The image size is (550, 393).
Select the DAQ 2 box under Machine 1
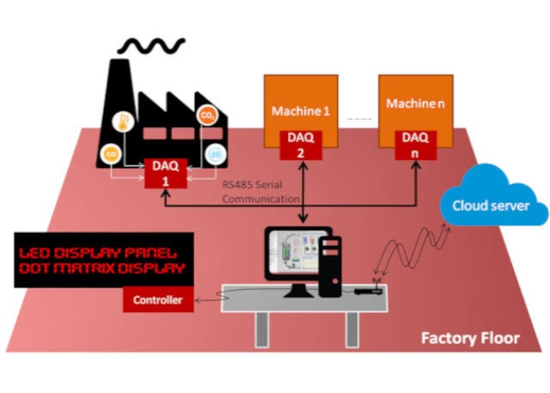[x=301, y=144]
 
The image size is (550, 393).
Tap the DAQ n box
[x=415, y=144]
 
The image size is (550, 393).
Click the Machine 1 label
[x=301, y=111]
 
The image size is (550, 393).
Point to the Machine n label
[x=416, y=103]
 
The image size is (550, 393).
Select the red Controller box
[x=157, y=301]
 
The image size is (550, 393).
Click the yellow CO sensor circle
[x=111, y=154]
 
